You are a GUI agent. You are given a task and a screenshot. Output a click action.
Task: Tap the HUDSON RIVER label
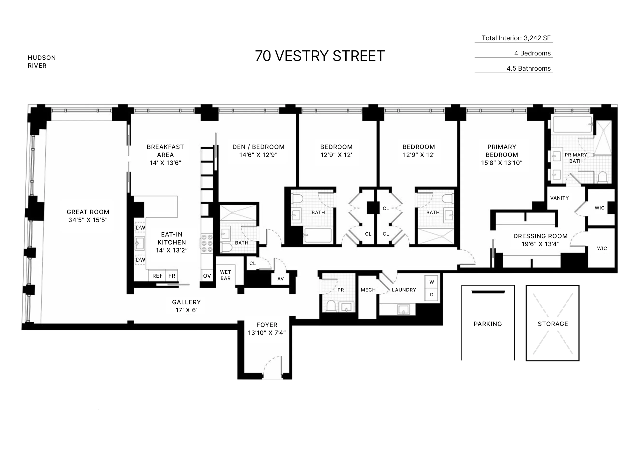tap(42, 61)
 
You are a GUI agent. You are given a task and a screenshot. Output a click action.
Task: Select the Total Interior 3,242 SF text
tap(516, 38)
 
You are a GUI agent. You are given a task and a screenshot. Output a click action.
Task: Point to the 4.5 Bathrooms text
tap(528, 68)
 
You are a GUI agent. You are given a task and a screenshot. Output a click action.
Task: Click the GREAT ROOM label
tap(88, 212)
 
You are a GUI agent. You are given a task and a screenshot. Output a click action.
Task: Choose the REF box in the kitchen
tap(157, 276)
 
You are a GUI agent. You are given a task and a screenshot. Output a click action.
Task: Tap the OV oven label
tap(207, 276)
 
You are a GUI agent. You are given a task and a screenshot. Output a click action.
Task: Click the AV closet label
tap(280, 279)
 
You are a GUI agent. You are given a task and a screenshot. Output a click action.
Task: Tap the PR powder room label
tap(341, 290)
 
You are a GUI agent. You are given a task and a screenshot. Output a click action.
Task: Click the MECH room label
tap(368, 290)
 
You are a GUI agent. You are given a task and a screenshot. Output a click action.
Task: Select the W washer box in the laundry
tap(432, 282)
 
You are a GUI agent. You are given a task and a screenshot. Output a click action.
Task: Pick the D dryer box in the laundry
tap(432, 295)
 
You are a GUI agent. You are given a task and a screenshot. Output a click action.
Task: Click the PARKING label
tap(488, 324)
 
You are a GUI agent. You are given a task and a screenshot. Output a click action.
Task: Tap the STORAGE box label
tap(553, 324)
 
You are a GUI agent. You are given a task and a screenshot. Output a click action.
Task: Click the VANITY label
tap(559, 198)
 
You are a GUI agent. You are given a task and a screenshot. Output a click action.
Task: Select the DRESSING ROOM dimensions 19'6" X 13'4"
tap(540, 244)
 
